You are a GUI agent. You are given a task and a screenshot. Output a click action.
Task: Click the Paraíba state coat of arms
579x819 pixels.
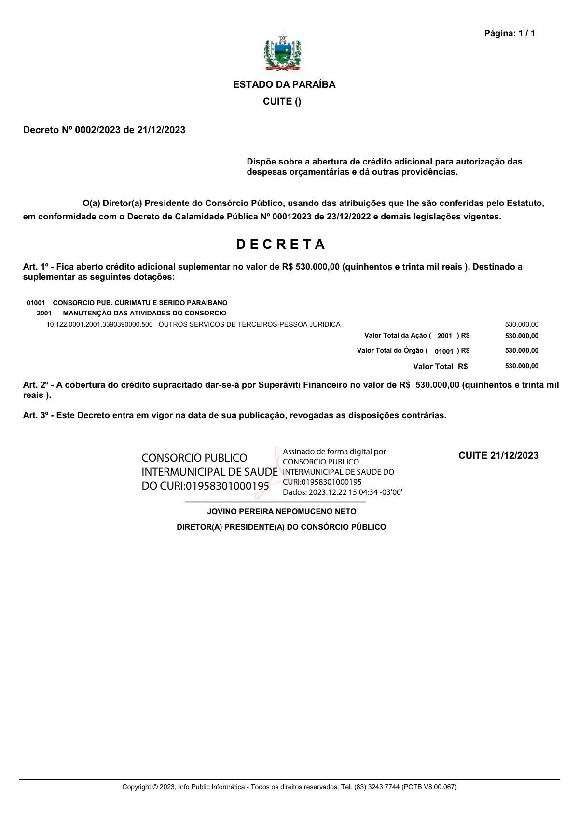pyautogui.click(x=283, y=53)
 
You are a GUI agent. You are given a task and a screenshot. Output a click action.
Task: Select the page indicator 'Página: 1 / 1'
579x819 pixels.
pyautogui.click(x=510, y=33)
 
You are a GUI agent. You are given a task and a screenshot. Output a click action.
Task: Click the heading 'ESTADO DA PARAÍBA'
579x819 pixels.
pyautogui.click(x=284, y=85)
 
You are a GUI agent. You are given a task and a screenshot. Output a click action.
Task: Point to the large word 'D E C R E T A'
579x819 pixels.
pyautogui.click(x=281, y=245)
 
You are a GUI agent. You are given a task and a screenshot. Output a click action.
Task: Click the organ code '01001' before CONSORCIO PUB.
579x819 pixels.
pyautogui.click(x=36, y=303)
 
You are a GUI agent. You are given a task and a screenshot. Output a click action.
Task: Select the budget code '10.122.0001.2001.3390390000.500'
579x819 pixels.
pyautogui.click(x=99, y=324)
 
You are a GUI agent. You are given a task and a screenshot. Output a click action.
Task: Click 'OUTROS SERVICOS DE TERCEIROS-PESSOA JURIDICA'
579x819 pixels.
pyautogui.click(x=249, y=324)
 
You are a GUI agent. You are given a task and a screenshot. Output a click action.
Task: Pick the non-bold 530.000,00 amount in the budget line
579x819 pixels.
pyautogui.click(x=522, y=324)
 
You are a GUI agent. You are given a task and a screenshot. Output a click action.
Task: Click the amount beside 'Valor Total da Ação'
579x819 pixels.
pyautogui.click(x=522, y=336)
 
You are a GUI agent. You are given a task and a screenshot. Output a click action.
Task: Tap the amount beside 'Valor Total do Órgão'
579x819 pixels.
pyautogui.click(x=522, y=351)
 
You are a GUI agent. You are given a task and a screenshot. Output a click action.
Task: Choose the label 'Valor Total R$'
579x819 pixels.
pyautogui.click(x=440, y=367)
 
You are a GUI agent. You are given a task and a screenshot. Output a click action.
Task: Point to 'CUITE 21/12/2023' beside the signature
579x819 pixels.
pyautogui.click(x=498, y=456)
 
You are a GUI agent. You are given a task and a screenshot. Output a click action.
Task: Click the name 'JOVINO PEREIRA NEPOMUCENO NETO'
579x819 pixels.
pyautogui.click(x=281, y=512)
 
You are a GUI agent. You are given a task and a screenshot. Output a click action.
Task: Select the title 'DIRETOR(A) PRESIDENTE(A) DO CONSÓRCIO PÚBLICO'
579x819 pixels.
pyautogui.click(x=281, y=527)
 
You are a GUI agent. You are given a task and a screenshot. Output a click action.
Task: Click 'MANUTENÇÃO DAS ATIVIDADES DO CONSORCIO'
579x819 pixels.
pyautogui.click(x=144, y=314)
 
